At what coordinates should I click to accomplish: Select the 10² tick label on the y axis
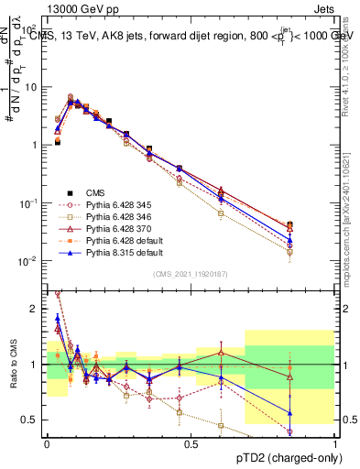[33, 28]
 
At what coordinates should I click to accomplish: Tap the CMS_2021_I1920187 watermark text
[191, 274]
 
